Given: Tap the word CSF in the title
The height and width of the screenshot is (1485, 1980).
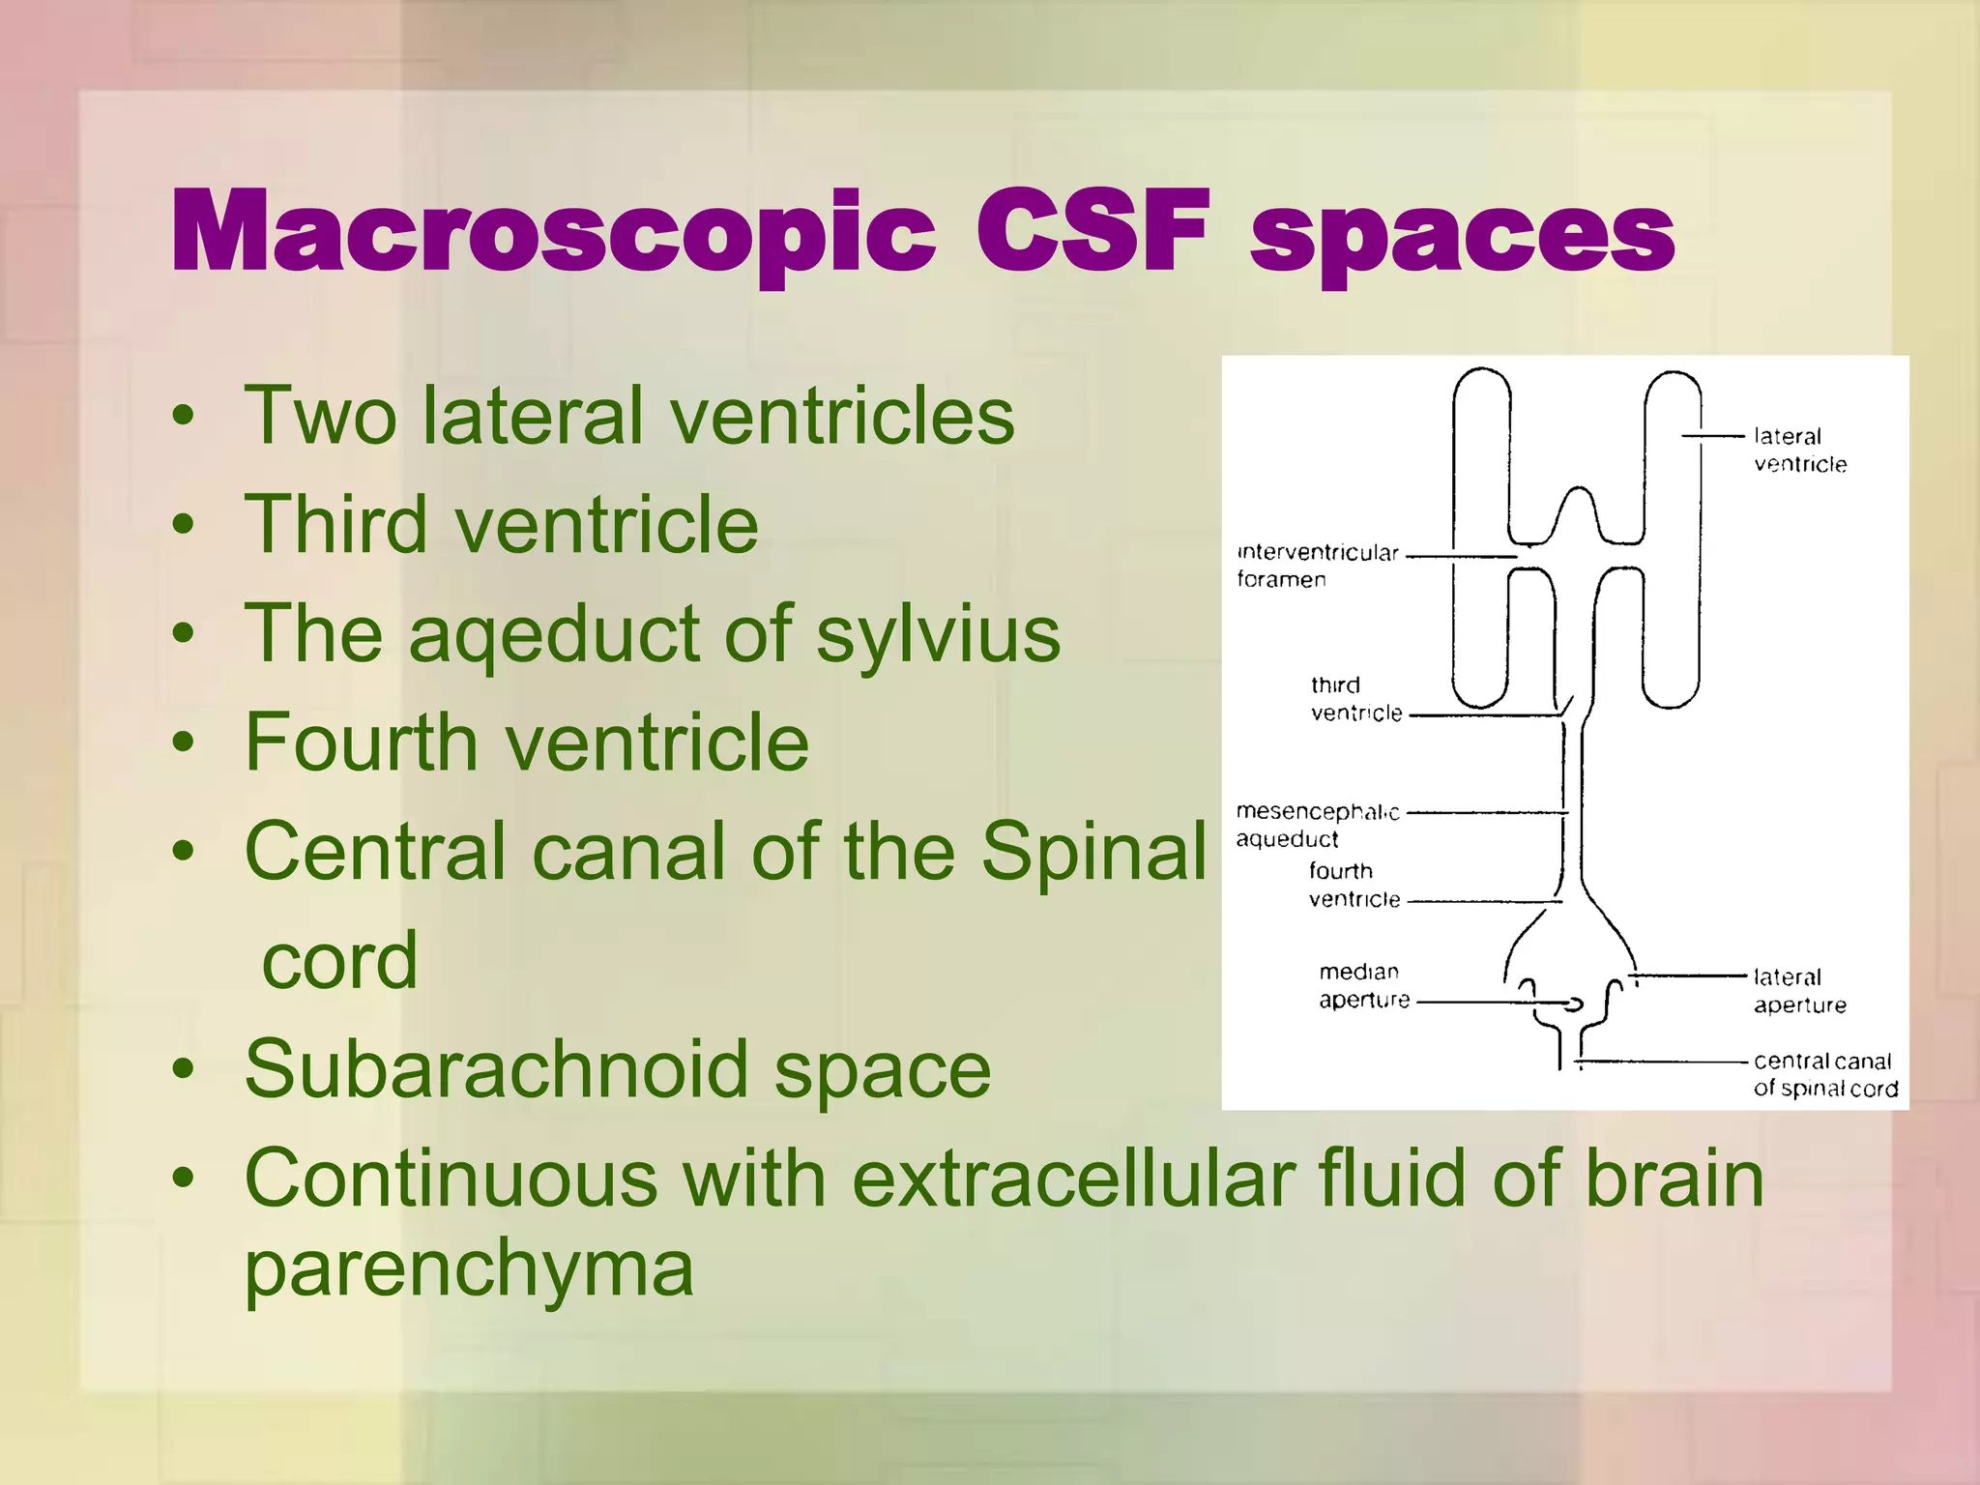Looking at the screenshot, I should coord(1092,232).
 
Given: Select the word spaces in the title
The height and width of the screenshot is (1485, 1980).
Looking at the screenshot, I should coord(1462,237).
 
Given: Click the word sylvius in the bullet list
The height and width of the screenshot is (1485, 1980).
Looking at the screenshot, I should coord(937,636).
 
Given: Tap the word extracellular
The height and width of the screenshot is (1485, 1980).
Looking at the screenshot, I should coord(1072,1179).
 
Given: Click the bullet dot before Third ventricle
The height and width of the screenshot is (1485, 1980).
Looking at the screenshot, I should coord(183,525).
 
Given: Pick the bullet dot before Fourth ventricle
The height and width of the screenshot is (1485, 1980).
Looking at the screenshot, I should coord(183,742).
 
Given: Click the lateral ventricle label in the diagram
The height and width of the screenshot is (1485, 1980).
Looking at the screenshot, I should coord(1798,451).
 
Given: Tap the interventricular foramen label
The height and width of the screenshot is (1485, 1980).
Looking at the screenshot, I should coord(1317,566).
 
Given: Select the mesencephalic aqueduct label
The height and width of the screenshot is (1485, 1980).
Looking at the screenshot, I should coord(1317,825).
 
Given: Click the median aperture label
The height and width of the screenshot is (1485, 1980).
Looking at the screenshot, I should coord(1363,985).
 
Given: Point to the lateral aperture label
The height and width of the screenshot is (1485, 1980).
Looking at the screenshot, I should coord(1798,991).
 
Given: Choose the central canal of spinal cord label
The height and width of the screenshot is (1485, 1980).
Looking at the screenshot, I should coord(1823,1075).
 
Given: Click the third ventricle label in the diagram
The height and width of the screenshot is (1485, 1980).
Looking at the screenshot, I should coord(1355,699).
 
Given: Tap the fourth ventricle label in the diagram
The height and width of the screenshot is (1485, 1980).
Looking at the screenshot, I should coord(1354,885).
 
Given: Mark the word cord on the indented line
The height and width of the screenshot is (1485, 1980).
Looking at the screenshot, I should coord(339,961).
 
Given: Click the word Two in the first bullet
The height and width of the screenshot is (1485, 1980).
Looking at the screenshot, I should coord(320,416).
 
